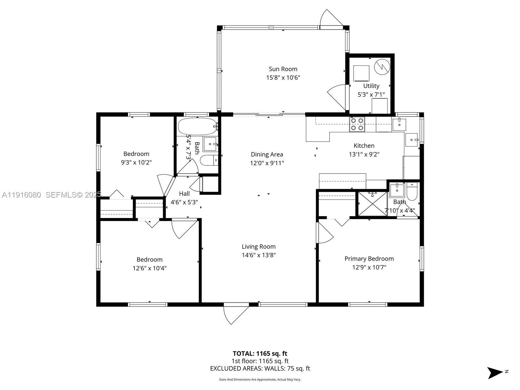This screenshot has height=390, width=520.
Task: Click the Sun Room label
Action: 283,69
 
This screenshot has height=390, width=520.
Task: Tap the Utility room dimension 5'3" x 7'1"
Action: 371,95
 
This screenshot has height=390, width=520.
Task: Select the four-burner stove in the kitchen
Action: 357,124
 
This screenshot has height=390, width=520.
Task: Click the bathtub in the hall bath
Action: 197,126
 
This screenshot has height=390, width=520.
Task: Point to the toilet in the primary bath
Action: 412,192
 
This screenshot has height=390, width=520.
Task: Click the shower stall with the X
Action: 372,204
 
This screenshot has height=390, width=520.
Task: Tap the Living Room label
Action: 258,247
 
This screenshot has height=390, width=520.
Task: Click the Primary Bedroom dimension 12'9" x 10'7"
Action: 369,267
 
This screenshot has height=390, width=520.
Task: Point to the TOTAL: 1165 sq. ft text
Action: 260,354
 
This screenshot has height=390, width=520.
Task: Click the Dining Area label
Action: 267,154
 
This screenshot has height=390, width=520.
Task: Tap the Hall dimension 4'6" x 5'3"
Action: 184,202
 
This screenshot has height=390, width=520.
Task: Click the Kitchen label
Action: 364,146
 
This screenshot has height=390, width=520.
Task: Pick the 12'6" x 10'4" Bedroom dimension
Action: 149,268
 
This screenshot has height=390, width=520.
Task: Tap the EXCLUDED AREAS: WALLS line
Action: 260,369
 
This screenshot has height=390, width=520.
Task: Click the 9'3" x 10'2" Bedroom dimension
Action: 136,162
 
